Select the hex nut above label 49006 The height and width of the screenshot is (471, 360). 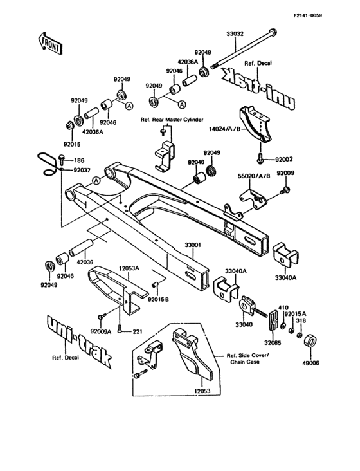click(x=309, y=338)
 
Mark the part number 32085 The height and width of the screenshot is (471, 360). click(x=273, y=344)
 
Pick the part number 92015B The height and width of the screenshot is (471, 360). click(x=157, y=299)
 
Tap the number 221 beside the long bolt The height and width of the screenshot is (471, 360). click(x=136, y=332)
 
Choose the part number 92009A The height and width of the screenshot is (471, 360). click(x=101, y=331)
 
